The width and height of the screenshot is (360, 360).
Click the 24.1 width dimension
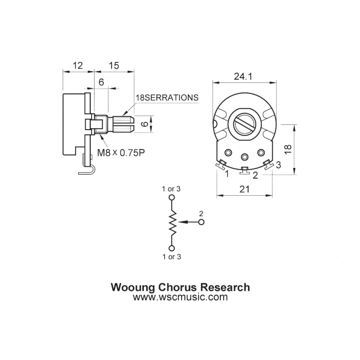pos(243,77)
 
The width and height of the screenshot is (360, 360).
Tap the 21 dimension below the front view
pos(244,190)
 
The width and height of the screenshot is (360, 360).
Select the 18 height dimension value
pos(288,149)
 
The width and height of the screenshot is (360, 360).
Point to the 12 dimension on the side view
pos(78,66)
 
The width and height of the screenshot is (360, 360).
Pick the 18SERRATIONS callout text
pos(167,98)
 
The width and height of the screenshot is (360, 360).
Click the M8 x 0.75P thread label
pos(121,153)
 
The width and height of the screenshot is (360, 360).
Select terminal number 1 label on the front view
pos(227,173)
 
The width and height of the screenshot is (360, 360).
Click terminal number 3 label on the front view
pos(278,165)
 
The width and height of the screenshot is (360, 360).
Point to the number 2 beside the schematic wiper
pos(200,214)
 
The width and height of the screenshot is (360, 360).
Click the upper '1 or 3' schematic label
pos(171,188)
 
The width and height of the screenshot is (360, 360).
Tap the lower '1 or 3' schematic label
pos(171,257)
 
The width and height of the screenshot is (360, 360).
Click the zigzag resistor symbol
pos(172,223)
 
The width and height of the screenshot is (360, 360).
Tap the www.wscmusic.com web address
pos(180,297)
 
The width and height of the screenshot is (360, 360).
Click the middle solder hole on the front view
pos(245,156)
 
